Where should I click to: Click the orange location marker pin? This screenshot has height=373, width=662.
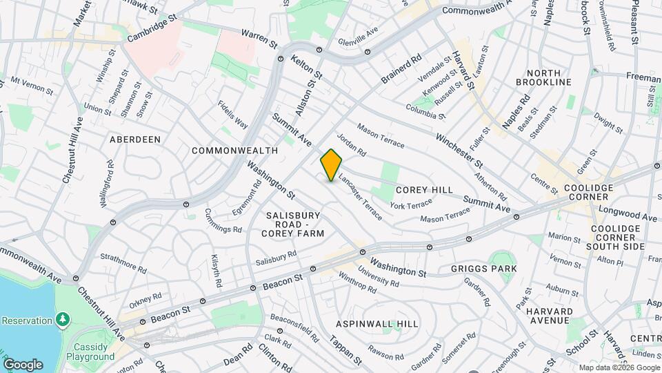331,164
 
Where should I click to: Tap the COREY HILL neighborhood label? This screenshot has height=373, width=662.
424,190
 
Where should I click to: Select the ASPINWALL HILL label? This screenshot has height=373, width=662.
377,323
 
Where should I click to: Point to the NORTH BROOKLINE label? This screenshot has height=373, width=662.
549,77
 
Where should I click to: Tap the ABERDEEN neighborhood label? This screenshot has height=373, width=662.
135,139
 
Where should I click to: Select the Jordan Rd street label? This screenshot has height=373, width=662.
352,144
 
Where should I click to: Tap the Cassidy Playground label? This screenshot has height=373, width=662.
90,352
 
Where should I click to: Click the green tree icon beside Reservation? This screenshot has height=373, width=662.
63,320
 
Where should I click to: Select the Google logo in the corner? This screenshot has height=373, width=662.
22,364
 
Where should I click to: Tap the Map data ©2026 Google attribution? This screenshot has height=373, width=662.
619,367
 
